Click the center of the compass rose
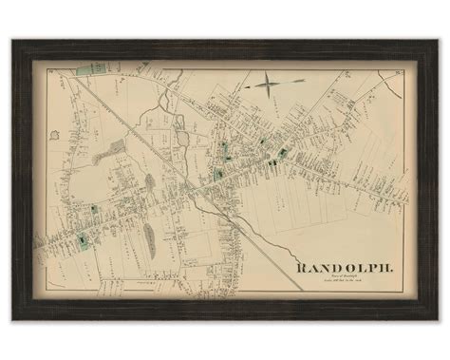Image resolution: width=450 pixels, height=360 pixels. tap(268, 87)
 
